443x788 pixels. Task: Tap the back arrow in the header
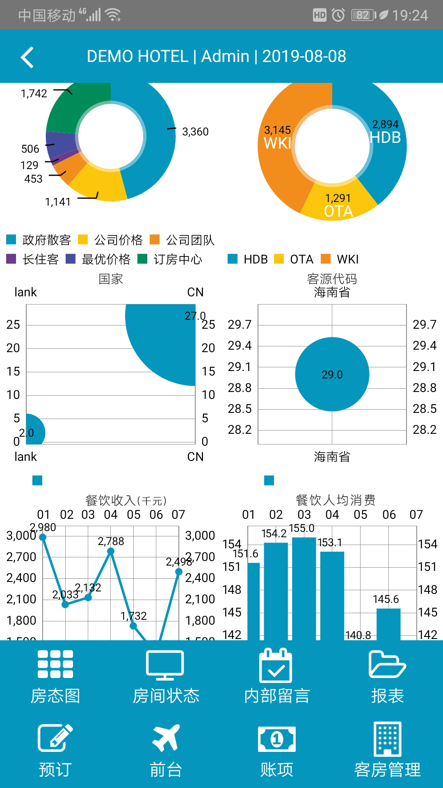pos(27,57)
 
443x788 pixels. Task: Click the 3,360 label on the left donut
pos(195,132)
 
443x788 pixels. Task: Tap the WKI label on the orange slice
pos(277,143)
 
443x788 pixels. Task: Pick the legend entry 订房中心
pos(170,259)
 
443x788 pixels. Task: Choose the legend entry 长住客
pos(33,259)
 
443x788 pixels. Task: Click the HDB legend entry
pos(248,259)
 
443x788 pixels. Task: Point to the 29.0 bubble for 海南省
pos(332,374)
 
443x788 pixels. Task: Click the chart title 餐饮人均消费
pos(336,500)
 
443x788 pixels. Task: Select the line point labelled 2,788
pos(111,552)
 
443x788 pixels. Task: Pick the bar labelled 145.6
pos(388,624)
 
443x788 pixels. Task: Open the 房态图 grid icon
pos(55,664)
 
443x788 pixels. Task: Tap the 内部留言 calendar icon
pos(276,665)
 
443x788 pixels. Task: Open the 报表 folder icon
pos(387,664)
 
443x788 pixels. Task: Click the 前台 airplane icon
pos(166,738)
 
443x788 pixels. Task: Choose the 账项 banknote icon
pos(277,739)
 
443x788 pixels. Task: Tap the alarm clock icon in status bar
pos(338,15)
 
